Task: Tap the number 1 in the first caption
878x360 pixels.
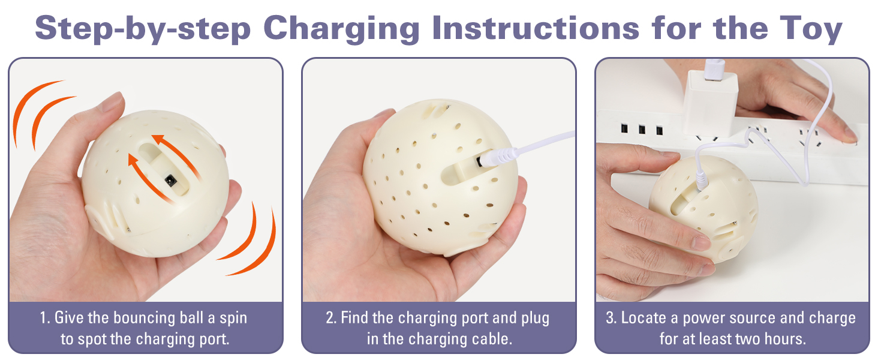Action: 44,318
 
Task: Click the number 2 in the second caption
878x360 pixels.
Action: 330,318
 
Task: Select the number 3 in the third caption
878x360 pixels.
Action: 611,318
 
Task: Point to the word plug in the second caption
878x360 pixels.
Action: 532,318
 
